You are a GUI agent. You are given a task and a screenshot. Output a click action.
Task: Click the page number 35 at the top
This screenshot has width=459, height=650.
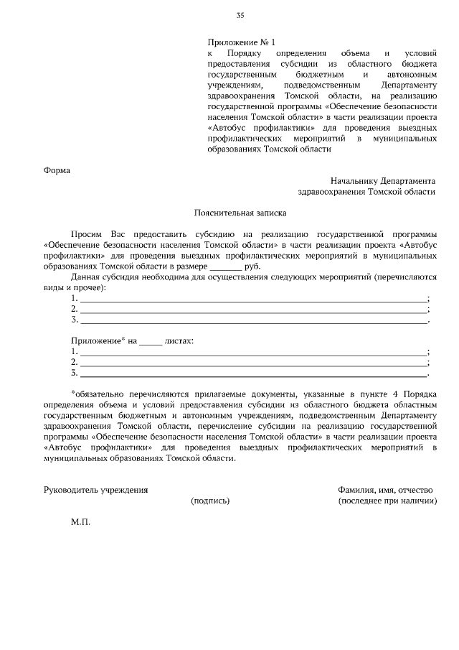(240, 16)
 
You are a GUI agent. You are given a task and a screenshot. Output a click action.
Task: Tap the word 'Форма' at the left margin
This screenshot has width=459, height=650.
(57, 170)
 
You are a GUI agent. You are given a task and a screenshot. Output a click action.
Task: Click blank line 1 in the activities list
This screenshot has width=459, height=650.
(253, 299)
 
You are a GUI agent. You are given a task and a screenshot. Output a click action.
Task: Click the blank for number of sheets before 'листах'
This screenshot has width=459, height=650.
(151, 341)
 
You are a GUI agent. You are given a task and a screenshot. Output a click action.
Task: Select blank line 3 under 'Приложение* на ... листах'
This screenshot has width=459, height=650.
(253, 373)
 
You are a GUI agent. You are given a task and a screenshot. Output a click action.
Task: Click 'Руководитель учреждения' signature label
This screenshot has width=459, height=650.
(96, 489)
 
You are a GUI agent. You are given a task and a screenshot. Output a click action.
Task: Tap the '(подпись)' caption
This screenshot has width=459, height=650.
(210, 501)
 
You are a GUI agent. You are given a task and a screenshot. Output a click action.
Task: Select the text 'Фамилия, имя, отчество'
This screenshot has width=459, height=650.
(385, 489)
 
